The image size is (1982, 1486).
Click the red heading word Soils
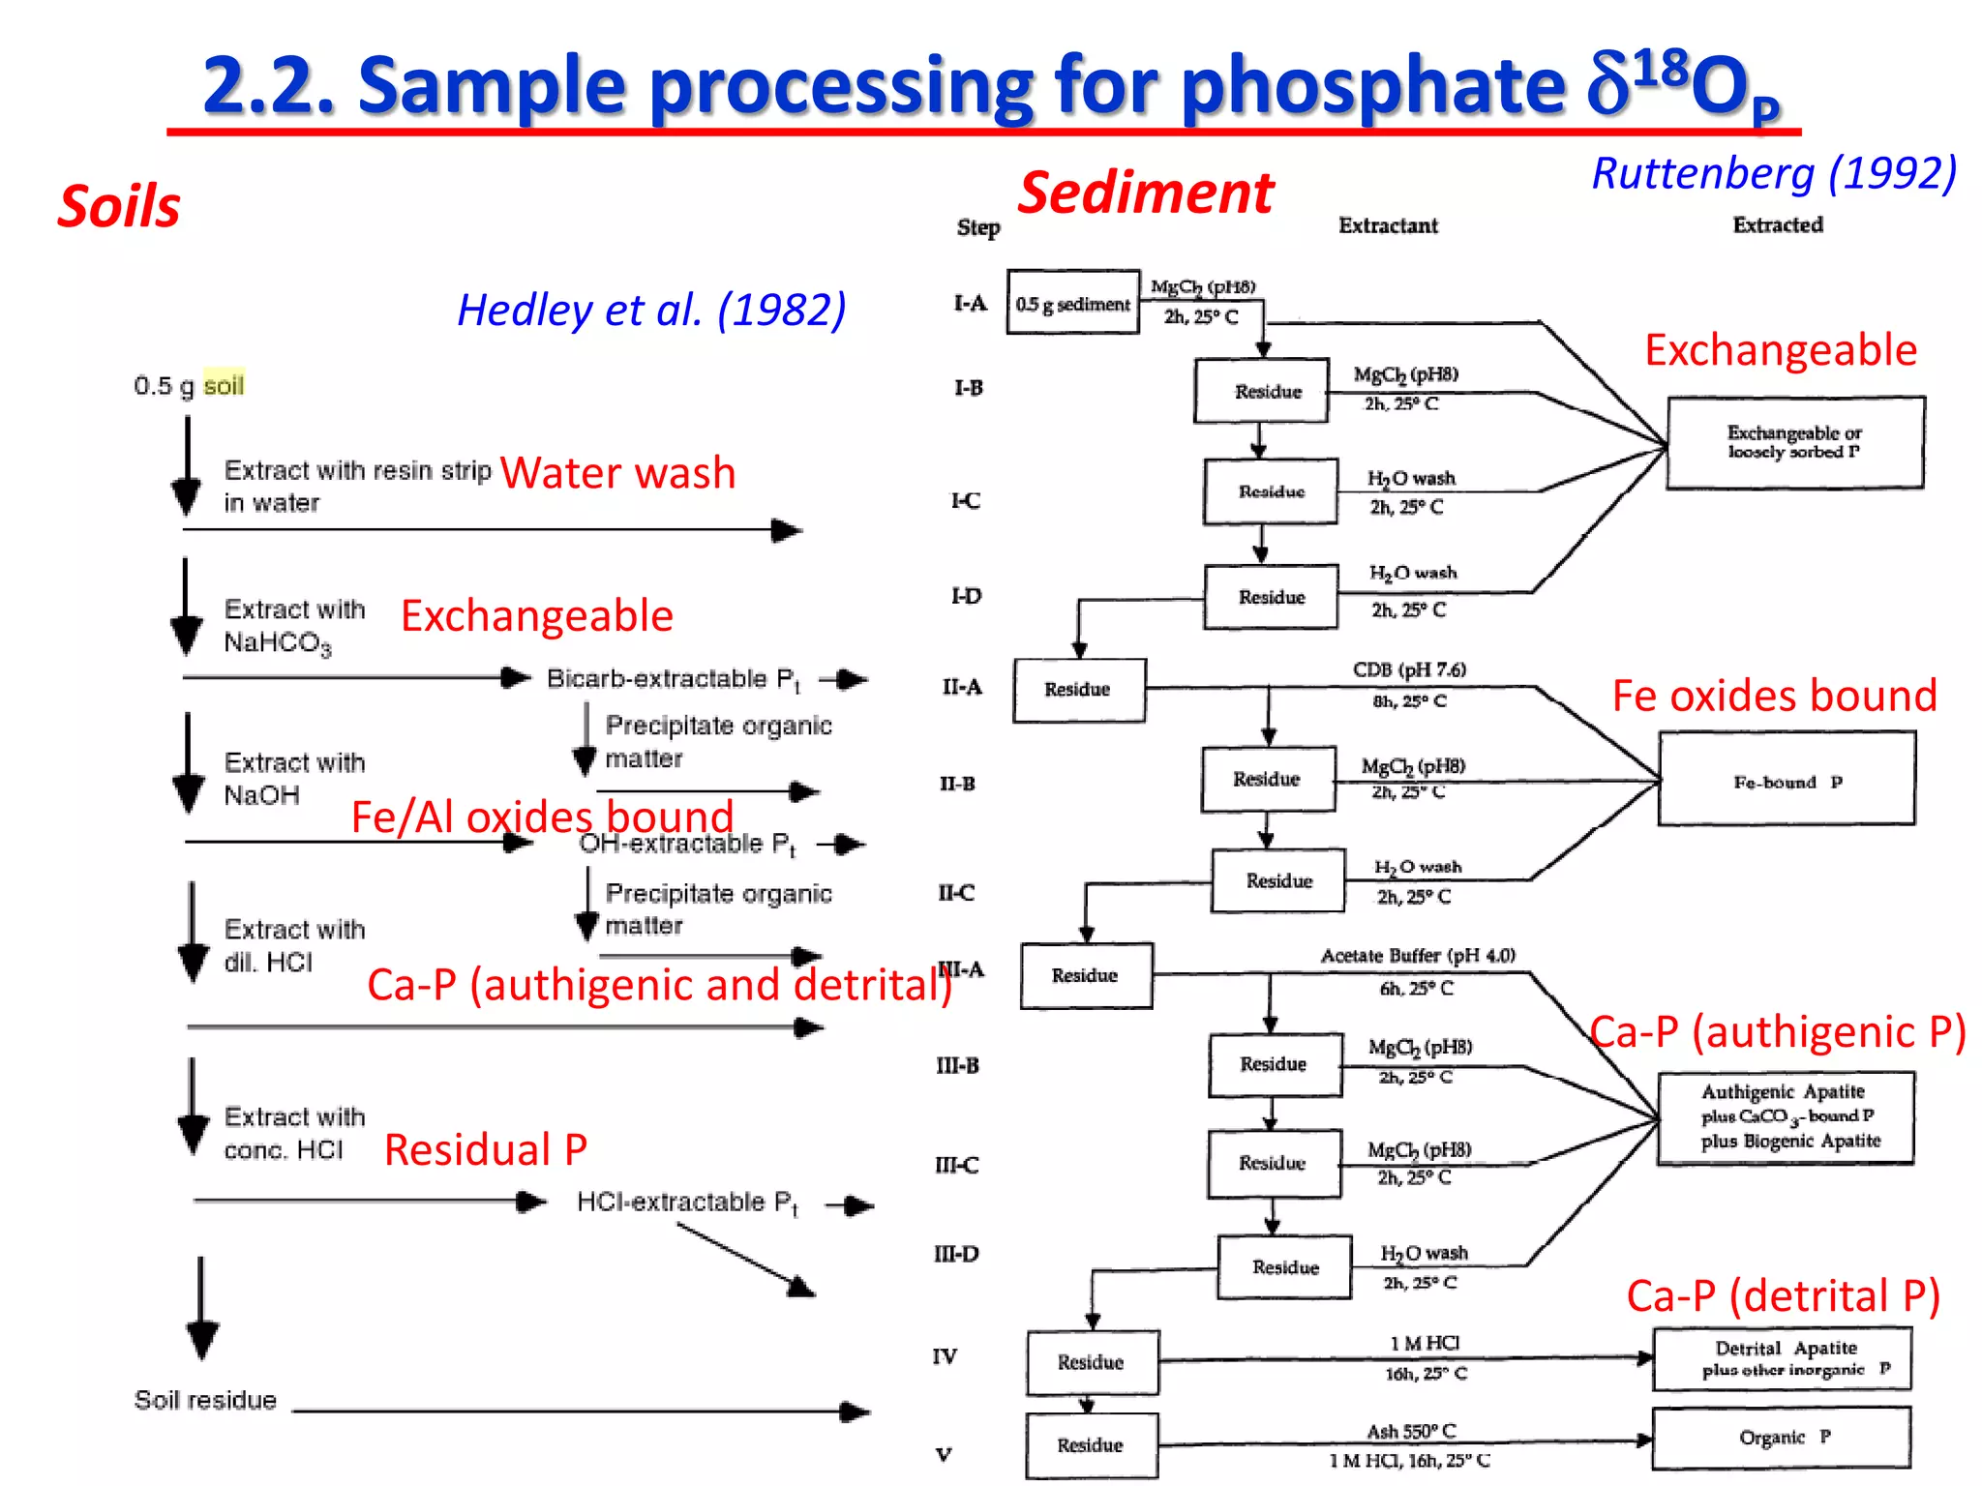click(119, 207)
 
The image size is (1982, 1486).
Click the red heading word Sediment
click(1146, 193)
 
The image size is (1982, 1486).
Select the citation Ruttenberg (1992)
click(1774, 173)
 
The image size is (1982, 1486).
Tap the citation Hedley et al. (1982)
click(651, 311)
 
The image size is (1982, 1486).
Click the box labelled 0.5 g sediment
click(1072, 304)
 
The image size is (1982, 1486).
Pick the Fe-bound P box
click(1786, 780)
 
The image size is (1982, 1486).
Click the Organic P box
click(1782, 1438)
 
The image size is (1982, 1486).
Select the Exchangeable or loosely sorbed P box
click(1794, 442)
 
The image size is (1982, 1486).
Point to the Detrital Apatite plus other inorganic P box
click(1782, 1358)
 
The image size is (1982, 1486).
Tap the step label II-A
click(962, 688)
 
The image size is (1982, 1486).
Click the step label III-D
click(956, 1255)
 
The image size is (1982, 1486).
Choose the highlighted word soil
click(224, 386)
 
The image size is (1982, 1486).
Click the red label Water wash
click(617, 473)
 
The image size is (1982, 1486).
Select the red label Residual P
click(486, 1150)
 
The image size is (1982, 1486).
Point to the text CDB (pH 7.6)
click(1409, 669)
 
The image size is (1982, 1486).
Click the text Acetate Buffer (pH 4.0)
click(1418, 956)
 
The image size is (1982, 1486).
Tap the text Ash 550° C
click(1410, 1431)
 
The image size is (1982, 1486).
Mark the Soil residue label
click(205, 1400)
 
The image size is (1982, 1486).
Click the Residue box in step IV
click(1092, 1362)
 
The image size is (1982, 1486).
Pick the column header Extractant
click(1388, 225)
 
